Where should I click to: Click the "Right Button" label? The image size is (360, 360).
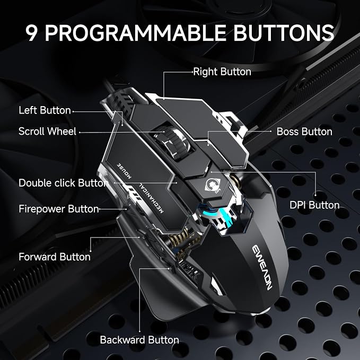[x=222, y=72]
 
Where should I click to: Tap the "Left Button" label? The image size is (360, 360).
[x=45, y=110]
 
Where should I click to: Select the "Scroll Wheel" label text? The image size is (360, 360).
[x=47, y=131]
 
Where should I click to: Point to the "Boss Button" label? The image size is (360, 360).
[x=304, y=131]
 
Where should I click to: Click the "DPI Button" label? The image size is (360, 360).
[x=314, y=205]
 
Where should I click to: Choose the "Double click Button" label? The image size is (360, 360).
[x=64, y=183]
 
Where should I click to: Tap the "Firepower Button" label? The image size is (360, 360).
[x=59, y=209]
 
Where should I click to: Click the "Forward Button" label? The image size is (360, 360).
[x=55, y=257]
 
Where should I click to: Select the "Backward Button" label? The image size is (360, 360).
[x=139, y=340]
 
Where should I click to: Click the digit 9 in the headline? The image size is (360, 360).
[x=31, y=33]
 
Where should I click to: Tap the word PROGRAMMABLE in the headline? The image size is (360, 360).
[x=135, y=33]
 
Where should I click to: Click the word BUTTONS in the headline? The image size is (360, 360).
[x=284, y=33]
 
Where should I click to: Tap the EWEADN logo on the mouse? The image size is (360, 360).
[x=262, y=268]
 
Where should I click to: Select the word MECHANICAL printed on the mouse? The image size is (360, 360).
[x=151, y=198]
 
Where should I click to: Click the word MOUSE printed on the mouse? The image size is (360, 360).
[x=124, y=171]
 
